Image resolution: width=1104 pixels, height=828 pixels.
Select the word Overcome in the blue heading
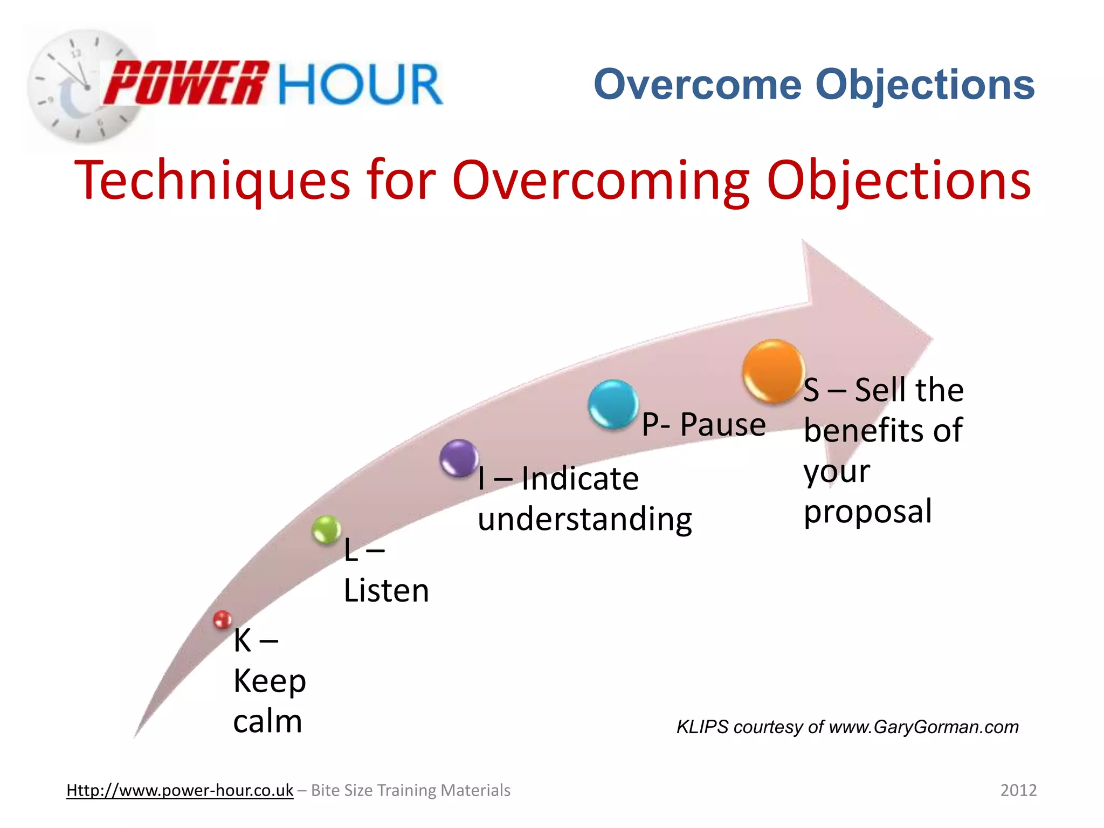click(698, 85)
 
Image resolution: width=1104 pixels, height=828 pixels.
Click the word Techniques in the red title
click(212, 181)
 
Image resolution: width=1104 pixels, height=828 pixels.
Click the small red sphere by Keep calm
click(222, 620)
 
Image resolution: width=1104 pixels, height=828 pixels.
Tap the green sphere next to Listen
click(326, 529)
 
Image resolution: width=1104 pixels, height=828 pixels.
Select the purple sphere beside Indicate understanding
click(459, 458)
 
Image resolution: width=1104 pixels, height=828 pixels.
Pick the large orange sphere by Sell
click(773, 371)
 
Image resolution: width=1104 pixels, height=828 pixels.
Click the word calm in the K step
click(267, 721)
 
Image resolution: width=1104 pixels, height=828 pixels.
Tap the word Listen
click(386, 590)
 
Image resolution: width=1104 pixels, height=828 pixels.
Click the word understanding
click(584, 519)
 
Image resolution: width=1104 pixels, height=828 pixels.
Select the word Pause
click(722, 424)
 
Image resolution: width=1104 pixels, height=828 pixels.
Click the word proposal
click(867, 512)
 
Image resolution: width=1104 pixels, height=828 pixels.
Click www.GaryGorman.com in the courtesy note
click(923, 727)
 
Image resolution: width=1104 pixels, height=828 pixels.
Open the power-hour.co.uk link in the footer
click(180, 790)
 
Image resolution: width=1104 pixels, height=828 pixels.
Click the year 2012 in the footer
click(1018, 790)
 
